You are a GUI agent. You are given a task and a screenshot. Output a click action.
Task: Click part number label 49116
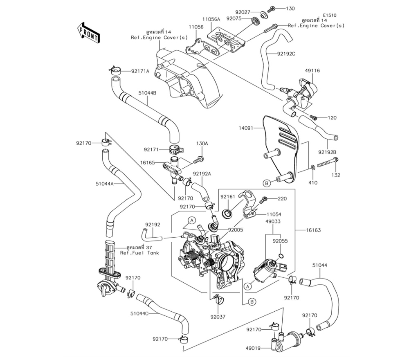312,70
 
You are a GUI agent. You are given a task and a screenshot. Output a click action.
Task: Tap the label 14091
246,128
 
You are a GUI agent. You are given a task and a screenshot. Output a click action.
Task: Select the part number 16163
314,230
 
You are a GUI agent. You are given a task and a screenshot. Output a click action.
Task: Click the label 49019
253,348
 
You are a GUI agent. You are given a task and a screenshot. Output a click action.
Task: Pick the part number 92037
218,317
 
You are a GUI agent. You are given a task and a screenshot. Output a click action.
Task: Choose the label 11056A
211,19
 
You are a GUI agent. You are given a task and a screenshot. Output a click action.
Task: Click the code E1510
330,15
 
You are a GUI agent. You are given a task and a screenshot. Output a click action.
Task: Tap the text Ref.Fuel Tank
139,253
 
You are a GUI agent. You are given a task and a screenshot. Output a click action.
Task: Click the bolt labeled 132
328,162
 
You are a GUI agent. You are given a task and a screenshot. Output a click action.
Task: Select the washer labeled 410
312,167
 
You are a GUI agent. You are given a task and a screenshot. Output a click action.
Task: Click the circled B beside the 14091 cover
267,183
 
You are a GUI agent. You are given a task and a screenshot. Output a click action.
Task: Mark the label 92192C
286,54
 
